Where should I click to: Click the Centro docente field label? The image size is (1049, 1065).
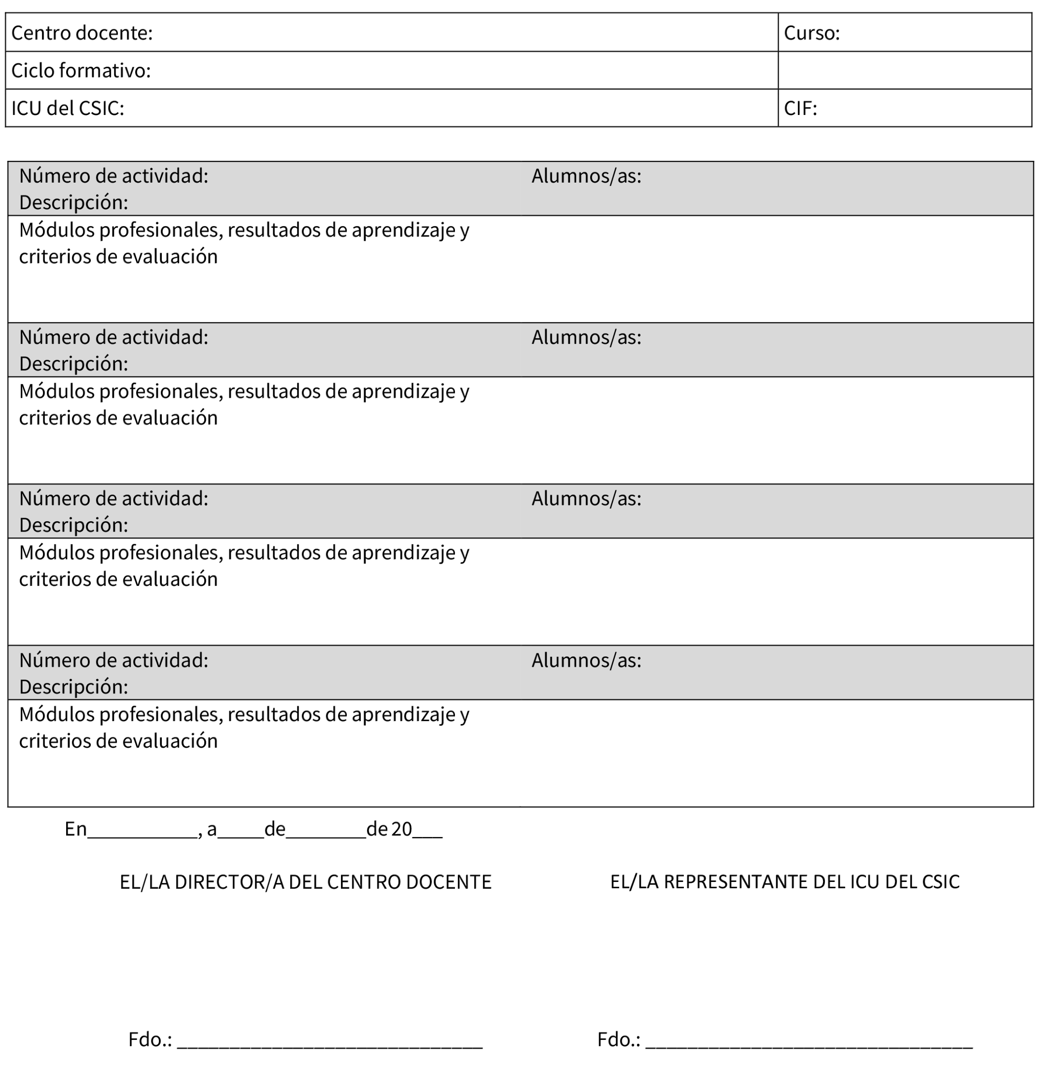(x=81, y=33)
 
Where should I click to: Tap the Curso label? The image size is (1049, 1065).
(x=812, y=33)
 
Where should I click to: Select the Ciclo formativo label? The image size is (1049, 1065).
(x=80, y=71)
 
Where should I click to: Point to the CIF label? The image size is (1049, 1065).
(x=800, y=108)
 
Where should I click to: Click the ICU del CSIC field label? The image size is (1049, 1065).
(x=67, y=108)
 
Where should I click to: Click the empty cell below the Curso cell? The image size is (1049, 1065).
(x=904, y=71)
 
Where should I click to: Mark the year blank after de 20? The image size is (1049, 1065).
(x=427, y=830)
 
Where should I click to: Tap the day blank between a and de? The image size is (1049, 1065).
(x=241, y=830)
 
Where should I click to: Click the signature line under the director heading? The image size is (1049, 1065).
(x=330, y=1042)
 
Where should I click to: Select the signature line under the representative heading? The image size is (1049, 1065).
(x=808, y=1042)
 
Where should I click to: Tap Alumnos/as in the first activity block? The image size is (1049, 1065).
(x=586, y=176)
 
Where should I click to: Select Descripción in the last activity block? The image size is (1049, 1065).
(x=74, y=687)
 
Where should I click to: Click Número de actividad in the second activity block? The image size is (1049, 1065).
(x=113, y=337)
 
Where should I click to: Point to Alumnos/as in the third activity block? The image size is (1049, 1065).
(x=586, y=498)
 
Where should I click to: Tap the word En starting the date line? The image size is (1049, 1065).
(x=75, y=829)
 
